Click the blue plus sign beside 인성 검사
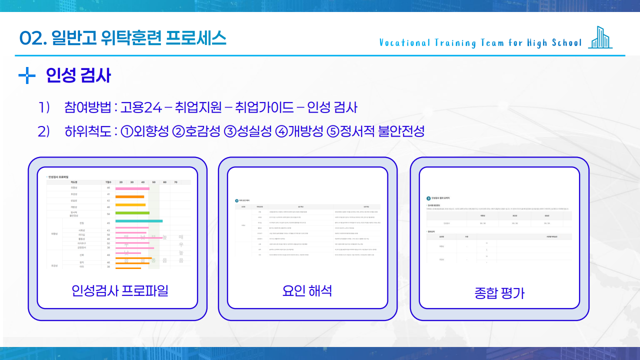pos(26,76)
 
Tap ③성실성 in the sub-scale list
pos(247,131)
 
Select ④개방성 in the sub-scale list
pos(299,131)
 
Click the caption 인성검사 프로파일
pos(120,290)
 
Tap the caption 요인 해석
pos(307,290)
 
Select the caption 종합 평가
pos(499,293)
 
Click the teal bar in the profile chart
pos(138,221)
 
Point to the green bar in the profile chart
pos(132,213)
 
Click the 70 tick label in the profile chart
pos(175,182)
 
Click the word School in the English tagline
pos(567,43)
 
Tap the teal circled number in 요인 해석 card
pos(237,200)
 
